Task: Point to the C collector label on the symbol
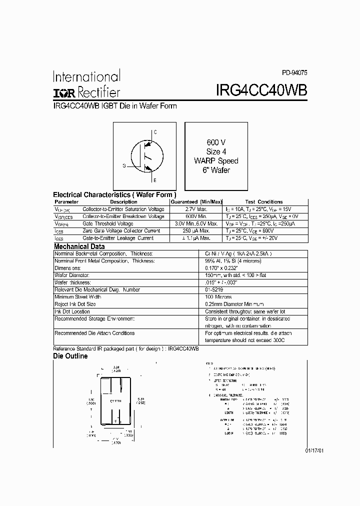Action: pyautogui.click(x=155, y=132)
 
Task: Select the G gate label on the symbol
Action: pyautogui.click(x=123, y=165)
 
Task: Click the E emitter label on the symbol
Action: pyautogui.click(x=155, y=179)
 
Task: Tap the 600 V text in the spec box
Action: pyautogui.click(x=216, y=142)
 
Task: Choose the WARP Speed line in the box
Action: pyautogui.click(x=216, y=161)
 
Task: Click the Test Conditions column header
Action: pyautogui.click(x=263, y=202)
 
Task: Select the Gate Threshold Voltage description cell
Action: pyautogui.click(x=107, y=223)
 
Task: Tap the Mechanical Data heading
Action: pyautogui.click(x=79, y=246)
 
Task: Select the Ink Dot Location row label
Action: pyautogui.click(x=72, y=311)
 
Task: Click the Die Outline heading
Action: pyautogui.click(x=70, y=356)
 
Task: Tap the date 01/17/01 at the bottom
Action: pyautogui.click(x=314, y=450)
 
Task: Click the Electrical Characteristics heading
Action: pyautogui.click(x=114, y=194)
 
